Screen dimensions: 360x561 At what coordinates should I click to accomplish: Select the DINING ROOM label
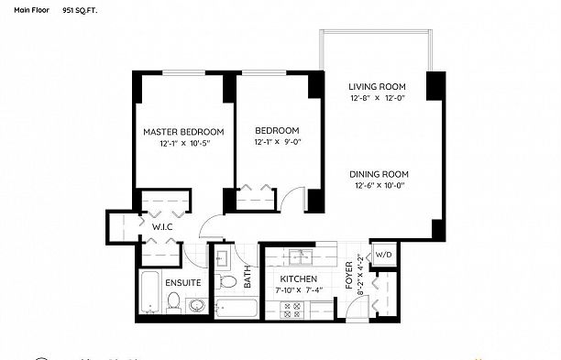(379, 174)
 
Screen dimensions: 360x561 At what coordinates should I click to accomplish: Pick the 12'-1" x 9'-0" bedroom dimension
(276, 142)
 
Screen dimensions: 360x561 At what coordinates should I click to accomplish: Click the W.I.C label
(162, 226)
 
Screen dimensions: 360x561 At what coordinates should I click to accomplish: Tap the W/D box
(382, 255)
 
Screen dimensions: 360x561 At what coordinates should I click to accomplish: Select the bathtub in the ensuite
(149, 294)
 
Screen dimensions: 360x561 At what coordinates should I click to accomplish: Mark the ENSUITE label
(183, 282)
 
